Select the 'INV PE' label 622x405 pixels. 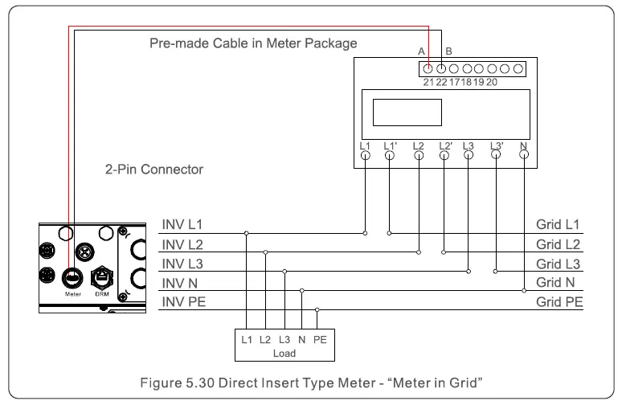(184, 302)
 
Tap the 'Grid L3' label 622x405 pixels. (559, 263)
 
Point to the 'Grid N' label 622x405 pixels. (556, 282)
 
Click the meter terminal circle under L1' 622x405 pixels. (391, 156)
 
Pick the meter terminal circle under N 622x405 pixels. (524, 156)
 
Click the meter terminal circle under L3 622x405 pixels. (469, 156)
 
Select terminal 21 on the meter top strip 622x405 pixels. (429, 68)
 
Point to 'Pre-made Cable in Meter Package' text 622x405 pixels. (253, 43)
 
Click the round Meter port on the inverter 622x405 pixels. (70, 276)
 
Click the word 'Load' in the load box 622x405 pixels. (285, 352)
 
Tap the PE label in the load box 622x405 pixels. (320, 340)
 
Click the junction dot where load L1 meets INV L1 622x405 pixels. (246, 234)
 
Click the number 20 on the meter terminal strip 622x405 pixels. (492, 82)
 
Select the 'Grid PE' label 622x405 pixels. (559, 302)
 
